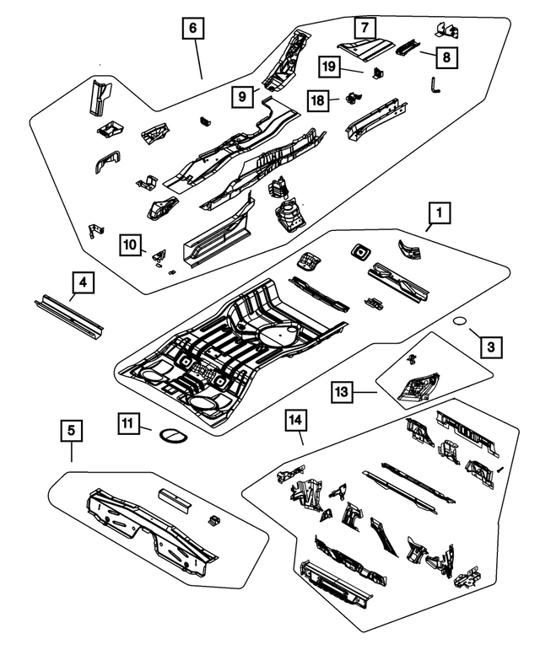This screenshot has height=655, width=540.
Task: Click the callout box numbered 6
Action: coord(192,29)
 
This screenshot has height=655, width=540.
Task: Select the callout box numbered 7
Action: coord(364,28)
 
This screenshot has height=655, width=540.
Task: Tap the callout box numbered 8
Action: coord(446,57)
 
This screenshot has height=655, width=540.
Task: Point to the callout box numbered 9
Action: coord(241,96)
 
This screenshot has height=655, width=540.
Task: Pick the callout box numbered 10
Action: coord(129,244)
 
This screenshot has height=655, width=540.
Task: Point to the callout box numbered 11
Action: coord(127,427)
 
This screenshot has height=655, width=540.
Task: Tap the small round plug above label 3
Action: coord(462,321)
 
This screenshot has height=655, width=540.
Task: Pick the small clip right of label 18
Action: coord(347,99)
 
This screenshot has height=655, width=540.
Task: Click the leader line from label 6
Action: coord(197,59)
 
